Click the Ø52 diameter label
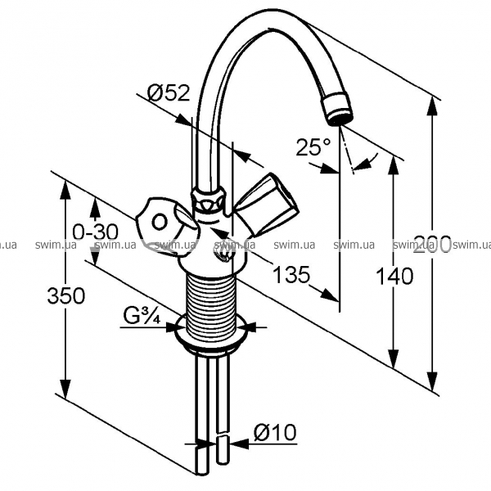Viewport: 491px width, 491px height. click(169, 93)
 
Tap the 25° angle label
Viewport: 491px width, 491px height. click(313, 147)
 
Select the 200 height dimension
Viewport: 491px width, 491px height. click(433, 245)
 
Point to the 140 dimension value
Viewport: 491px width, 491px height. click(394, 277)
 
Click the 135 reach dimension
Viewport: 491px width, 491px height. click(291, 275)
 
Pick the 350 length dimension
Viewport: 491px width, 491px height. click(66, 295)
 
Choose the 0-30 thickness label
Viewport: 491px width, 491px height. click(96, 232)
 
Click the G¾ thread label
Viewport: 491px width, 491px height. click(142, 316)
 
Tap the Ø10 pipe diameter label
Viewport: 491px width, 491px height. click(275, 432)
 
